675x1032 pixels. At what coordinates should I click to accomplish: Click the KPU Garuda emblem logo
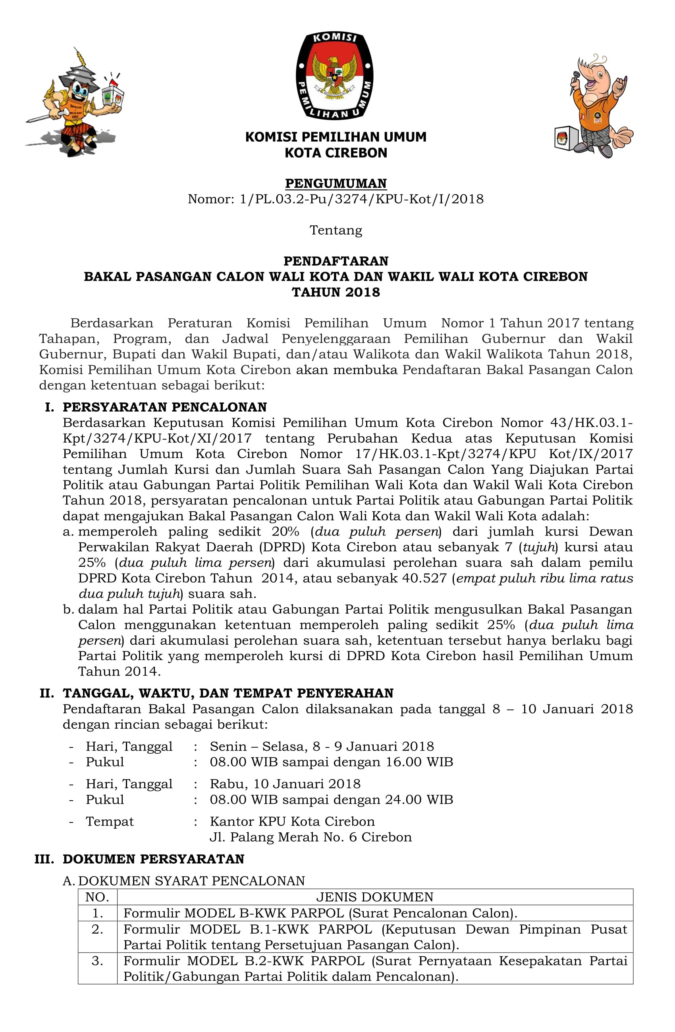335,75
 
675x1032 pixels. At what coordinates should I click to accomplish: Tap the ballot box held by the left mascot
112,94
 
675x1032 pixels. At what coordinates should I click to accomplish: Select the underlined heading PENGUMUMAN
336,183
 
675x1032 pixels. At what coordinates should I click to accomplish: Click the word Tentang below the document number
336,230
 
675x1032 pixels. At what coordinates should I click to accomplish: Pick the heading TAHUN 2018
336,292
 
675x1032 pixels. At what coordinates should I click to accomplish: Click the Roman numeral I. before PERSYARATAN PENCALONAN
50,407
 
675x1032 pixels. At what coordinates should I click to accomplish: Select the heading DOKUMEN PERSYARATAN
154,859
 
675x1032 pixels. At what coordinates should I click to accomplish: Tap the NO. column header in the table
97,897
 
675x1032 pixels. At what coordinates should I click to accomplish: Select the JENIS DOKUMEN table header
375,897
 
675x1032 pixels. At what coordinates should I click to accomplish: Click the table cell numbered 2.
97,929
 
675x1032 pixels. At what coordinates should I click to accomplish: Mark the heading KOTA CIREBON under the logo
336,153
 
